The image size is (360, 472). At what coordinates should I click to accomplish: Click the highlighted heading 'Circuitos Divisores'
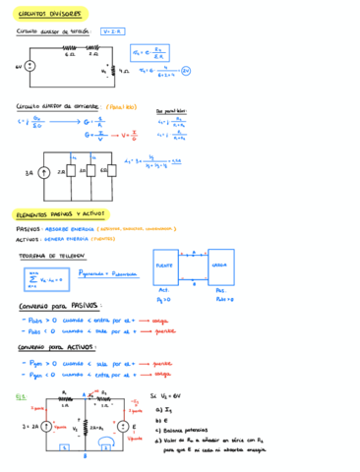click(x=51, y=15)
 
